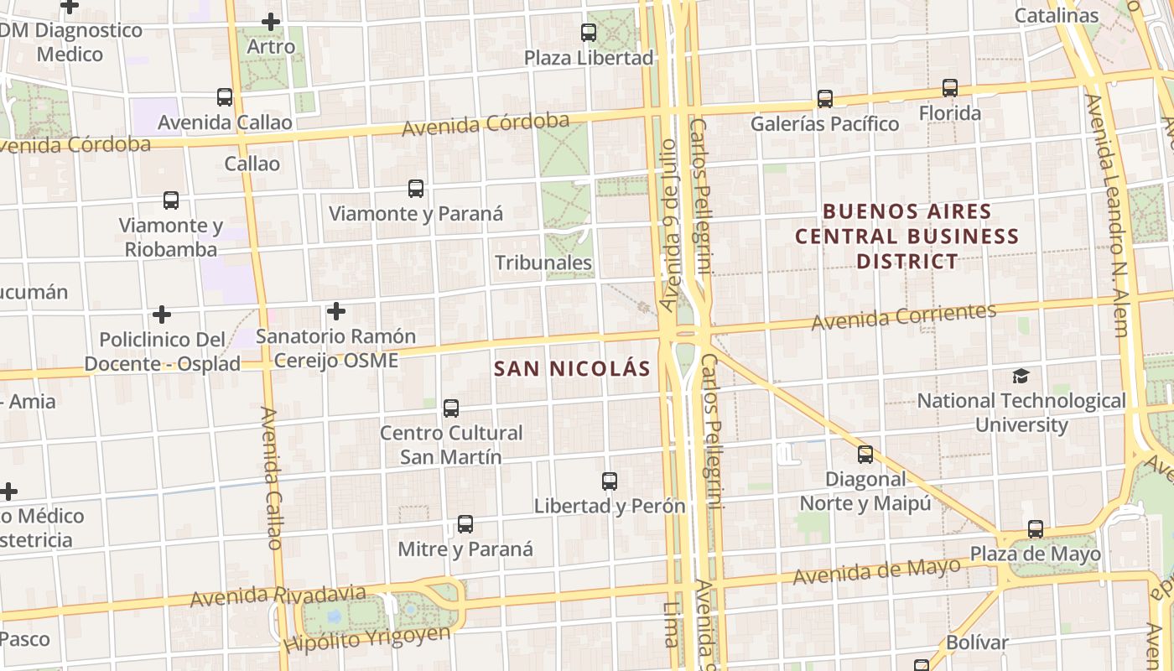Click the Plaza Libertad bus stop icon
589,33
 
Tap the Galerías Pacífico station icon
825,99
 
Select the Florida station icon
949,88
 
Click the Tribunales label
543,263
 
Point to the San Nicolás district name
572,368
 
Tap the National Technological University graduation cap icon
1021,376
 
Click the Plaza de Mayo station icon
1036,529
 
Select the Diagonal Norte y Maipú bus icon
865,455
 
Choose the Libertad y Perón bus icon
610,481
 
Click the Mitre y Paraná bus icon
465,524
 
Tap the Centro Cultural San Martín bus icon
451,408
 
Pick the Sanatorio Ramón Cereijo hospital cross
336,311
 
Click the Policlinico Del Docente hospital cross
162,315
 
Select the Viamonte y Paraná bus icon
416,189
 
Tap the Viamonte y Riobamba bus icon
171,200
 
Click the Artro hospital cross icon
271,22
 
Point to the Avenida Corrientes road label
903,317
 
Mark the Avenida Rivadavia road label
278,596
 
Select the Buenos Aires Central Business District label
906,237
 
